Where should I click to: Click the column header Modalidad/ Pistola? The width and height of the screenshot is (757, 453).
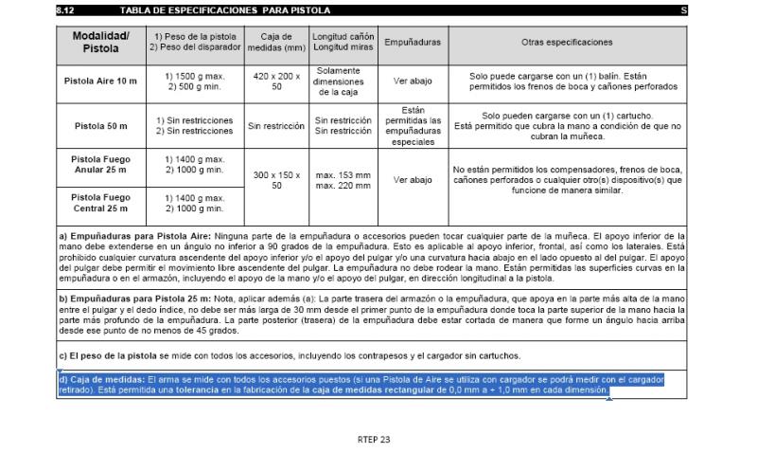[x=100, y=43]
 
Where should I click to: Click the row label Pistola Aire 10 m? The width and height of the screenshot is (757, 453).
[x=100, y=82]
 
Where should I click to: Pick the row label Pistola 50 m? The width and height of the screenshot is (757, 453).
[x=100, y=124]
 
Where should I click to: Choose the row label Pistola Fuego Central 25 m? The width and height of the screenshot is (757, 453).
[x=100, y=202]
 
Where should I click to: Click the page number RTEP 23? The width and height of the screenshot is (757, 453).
[x=374, y=439]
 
